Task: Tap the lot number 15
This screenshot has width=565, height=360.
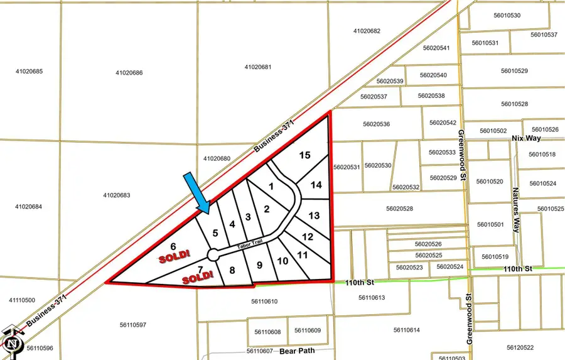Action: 305,155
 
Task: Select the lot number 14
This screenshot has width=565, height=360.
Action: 316,185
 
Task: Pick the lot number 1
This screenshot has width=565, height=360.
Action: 271,186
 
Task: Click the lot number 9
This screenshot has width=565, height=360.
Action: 259,265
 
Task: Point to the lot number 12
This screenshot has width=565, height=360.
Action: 308,237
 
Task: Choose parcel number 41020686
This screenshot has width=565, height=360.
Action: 129,73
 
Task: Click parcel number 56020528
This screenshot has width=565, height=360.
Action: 399,209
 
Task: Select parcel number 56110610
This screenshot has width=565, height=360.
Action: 264,302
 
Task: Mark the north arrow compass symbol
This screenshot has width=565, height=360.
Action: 13,342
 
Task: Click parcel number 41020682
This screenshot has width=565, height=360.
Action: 367,31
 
